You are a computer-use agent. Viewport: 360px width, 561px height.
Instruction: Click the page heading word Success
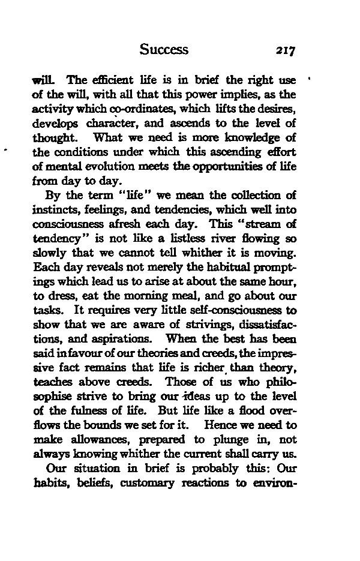(x=163, y=49)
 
